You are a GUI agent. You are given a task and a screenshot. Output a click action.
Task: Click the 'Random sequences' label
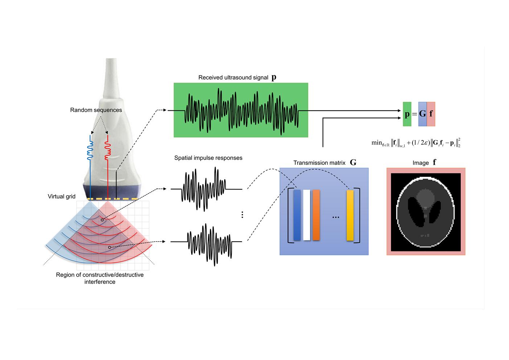click(96, 110)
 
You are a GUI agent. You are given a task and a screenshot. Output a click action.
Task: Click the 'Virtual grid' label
click(62, 196)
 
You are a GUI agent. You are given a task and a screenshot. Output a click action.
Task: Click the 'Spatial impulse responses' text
click(208, 158)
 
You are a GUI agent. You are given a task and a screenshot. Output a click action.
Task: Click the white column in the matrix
click(307, 215)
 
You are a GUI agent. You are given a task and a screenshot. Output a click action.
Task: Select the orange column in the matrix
click(316, 215)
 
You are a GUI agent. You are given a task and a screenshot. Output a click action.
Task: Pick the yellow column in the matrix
click(350, 215)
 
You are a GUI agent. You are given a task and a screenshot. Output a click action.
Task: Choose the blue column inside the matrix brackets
click(297, 215)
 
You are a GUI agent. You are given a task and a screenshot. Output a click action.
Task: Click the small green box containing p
click(407, 114)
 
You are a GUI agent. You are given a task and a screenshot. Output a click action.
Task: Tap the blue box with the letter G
click(422, 114)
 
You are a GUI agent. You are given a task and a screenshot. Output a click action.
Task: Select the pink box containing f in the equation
click(431, 114)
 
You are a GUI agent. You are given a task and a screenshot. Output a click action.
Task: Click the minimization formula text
click(416, 143)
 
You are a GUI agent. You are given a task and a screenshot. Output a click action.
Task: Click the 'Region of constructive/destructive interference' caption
click(100, 278)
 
